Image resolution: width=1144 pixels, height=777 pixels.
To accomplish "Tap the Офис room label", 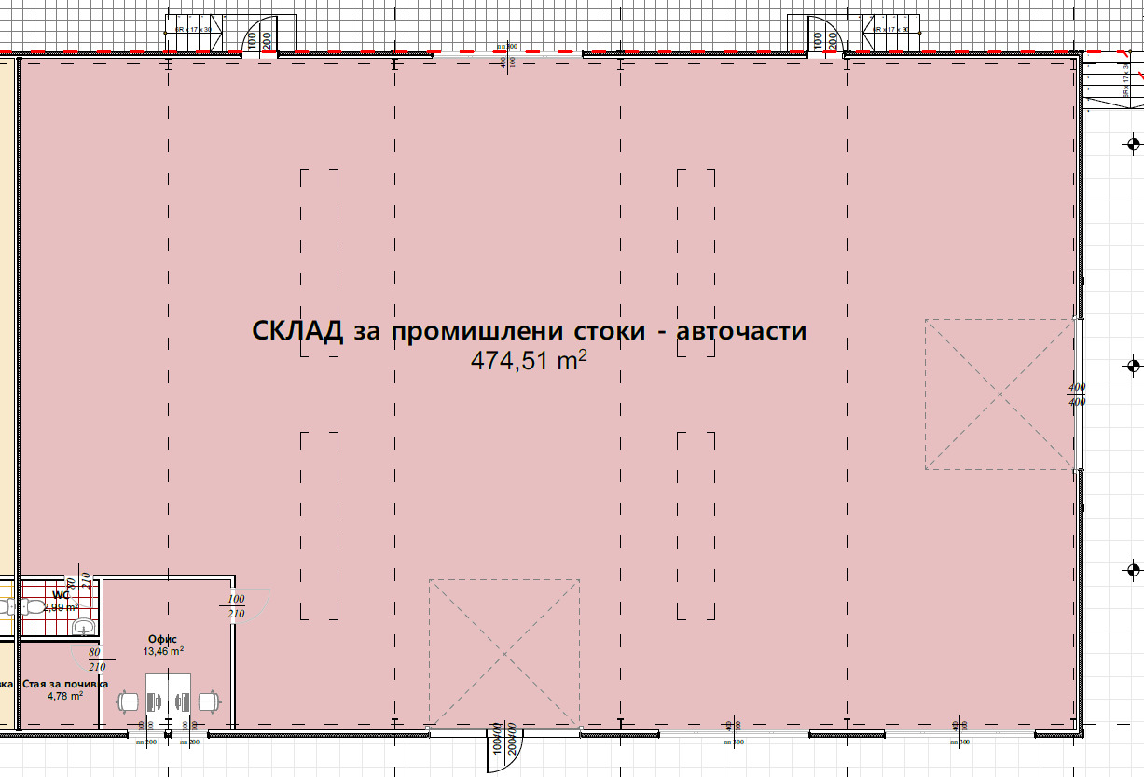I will (162, 639).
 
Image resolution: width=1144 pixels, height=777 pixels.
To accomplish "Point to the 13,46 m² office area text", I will (162, 651).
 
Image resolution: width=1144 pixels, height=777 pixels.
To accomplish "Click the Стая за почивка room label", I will (59, 683).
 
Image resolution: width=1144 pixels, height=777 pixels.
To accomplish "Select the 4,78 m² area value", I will (65, 695).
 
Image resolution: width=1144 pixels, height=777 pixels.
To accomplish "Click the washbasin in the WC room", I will (83, 625).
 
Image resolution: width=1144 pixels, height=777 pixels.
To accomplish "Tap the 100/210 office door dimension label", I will (236, 606).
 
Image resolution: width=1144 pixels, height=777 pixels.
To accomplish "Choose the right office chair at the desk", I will (209, 700).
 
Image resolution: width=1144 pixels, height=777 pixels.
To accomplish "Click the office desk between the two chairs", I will (169, 695).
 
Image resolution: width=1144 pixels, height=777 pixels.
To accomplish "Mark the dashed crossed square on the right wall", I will (999, 395).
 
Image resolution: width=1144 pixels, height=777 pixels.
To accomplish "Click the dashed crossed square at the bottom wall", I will (503, 653).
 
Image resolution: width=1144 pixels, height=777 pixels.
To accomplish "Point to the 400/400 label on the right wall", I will (1077, 395).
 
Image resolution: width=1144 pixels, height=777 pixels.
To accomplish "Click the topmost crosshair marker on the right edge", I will (1134, 144).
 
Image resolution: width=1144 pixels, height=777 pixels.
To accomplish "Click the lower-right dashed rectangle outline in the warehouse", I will (696, 525).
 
